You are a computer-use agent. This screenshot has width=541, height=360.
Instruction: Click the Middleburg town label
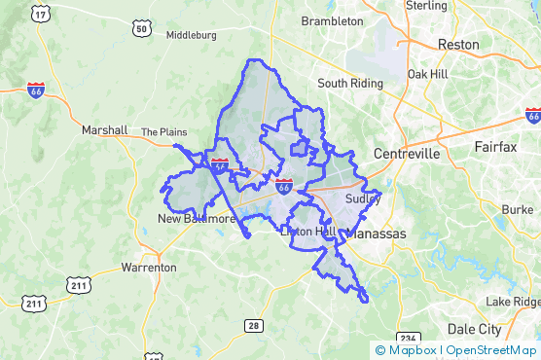click(x=192, y=35)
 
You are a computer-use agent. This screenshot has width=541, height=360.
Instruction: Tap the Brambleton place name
click(x=332, y=20)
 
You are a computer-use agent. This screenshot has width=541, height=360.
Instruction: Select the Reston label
click(x=458, y=45)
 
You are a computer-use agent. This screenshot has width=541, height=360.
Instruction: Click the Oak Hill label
click(x=427, y=74)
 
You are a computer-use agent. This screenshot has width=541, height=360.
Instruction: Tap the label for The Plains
click(x=162, y=131)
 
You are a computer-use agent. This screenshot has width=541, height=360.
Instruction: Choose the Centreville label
click(x=407, y=154)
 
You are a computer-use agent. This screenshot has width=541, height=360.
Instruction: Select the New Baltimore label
click(x=197, y=219)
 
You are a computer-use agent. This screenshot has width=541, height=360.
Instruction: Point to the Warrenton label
click(x=149, y=267)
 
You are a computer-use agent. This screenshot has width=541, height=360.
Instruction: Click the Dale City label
click(x=474, y=329)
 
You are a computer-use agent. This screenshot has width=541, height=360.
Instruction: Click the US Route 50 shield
click(x=142, y=30)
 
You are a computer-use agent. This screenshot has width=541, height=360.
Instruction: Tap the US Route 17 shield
click(x=40, y=13)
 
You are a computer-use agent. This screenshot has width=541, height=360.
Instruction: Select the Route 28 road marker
click(x=253, y=325)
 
